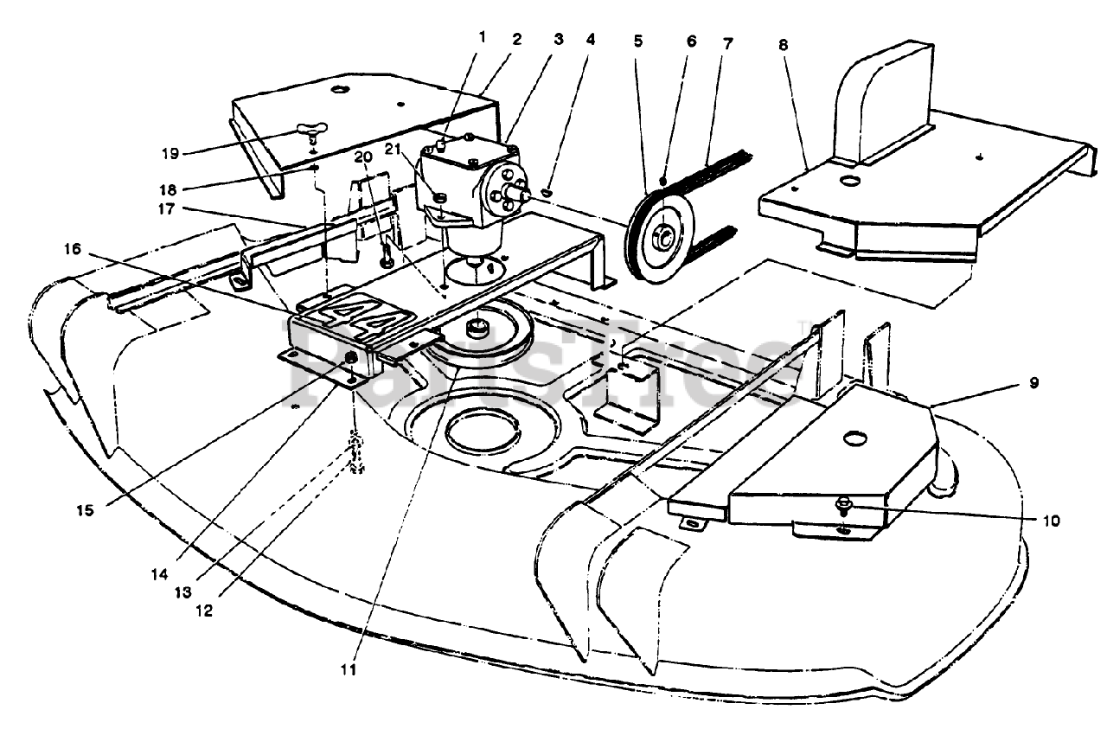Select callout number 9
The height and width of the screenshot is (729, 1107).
(1033, 381)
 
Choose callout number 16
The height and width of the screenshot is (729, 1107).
(73, 249)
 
